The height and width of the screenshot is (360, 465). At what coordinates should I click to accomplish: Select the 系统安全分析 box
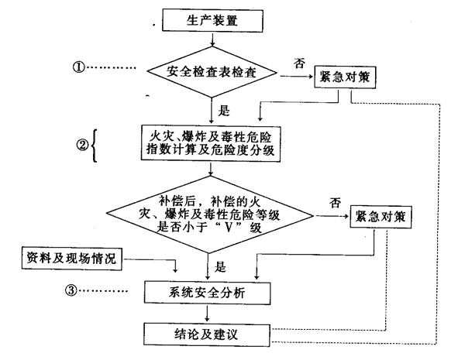[x=205, y=293]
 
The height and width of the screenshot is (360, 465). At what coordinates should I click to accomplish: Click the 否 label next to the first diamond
[x=300, y=61]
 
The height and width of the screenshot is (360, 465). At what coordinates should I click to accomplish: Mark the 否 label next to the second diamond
[x=335, y=203]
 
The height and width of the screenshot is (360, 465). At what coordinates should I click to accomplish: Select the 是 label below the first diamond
[x=226, y=110]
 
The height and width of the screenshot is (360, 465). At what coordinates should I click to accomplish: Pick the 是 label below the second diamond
[x=220, y=267]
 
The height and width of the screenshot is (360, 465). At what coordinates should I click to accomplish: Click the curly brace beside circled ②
[x=95, y=145]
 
